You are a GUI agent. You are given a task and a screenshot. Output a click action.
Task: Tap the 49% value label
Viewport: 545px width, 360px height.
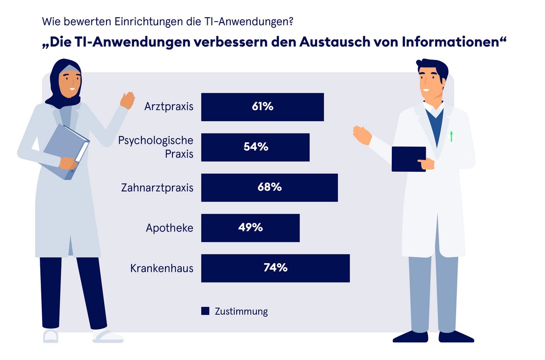(250, 228)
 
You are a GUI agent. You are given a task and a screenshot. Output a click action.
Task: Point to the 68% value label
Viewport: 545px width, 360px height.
(270, 188)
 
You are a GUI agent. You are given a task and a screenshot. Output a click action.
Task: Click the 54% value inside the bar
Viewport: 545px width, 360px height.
(256, 147)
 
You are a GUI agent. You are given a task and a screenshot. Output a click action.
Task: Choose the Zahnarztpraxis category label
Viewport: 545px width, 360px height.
(157, 188)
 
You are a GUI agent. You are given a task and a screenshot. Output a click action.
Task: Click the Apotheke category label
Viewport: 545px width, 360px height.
(169, 228)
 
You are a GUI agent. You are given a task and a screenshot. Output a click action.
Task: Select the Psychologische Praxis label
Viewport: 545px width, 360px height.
(156, 147)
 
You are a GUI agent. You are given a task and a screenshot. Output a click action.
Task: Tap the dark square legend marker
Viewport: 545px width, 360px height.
(205, 311)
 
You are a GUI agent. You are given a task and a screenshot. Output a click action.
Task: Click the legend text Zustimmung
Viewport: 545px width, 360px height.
(241, 311)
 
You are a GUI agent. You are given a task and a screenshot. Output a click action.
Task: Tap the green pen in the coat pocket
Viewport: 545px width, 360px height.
(451, 136)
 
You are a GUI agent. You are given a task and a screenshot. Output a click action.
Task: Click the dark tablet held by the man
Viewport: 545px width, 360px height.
(408, 159)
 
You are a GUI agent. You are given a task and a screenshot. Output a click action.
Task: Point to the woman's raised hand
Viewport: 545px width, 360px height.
(127, 100)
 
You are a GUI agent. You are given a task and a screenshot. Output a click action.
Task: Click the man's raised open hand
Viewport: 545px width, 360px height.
(362, 135)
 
